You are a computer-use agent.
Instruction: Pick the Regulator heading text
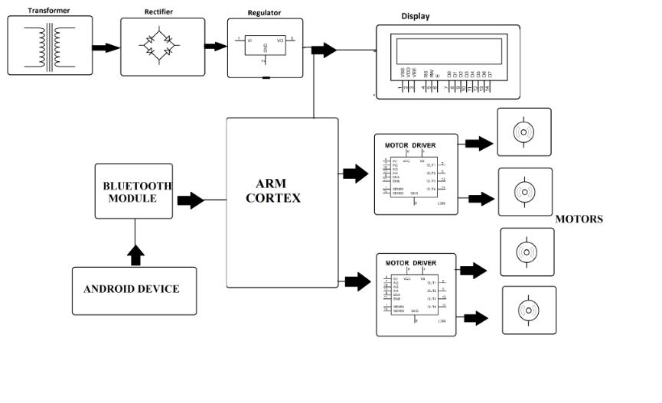click(264, 13)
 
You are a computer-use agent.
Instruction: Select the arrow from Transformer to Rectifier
click(106, 47)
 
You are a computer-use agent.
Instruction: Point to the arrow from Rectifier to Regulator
click(216, 46)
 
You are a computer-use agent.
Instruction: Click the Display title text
click(416, 16)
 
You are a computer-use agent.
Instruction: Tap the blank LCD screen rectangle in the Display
click(447, 52)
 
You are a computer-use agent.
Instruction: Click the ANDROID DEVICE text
click(132, 289)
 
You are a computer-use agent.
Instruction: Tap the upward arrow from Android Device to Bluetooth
click(135, 255)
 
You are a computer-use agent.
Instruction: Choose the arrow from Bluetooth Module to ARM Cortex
click(191, 200)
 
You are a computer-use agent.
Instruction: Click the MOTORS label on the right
click(579, 219)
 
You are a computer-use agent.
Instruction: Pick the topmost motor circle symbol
click(523, 133)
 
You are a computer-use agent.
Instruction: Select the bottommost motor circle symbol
click(529, 310)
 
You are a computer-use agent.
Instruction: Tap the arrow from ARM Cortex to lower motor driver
click(357, 281)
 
